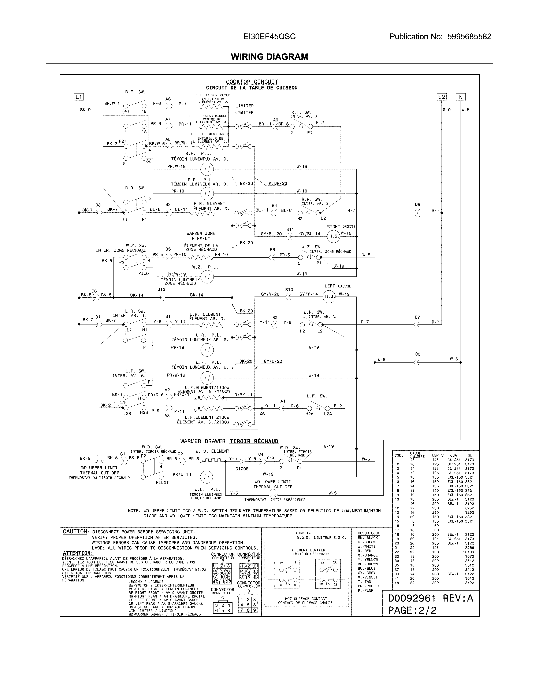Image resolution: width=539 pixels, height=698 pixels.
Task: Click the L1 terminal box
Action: tap(79, 97)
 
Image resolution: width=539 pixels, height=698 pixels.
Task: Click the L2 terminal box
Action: tap(441, 97)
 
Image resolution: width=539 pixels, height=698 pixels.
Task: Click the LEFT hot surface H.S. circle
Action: tap(329, 297)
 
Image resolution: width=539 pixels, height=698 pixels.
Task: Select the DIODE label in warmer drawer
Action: tap(242, 469)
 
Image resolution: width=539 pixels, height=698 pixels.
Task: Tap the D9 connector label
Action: tap(417, 205)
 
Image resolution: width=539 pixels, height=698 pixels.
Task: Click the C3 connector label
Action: tap(418, 354)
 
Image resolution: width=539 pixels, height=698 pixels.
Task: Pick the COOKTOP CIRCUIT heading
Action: tap(252, 82)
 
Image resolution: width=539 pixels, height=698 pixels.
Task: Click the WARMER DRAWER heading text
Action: tap(203, 441)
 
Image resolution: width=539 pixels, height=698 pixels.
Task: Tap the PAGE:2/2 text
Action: tap(412, 610)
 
